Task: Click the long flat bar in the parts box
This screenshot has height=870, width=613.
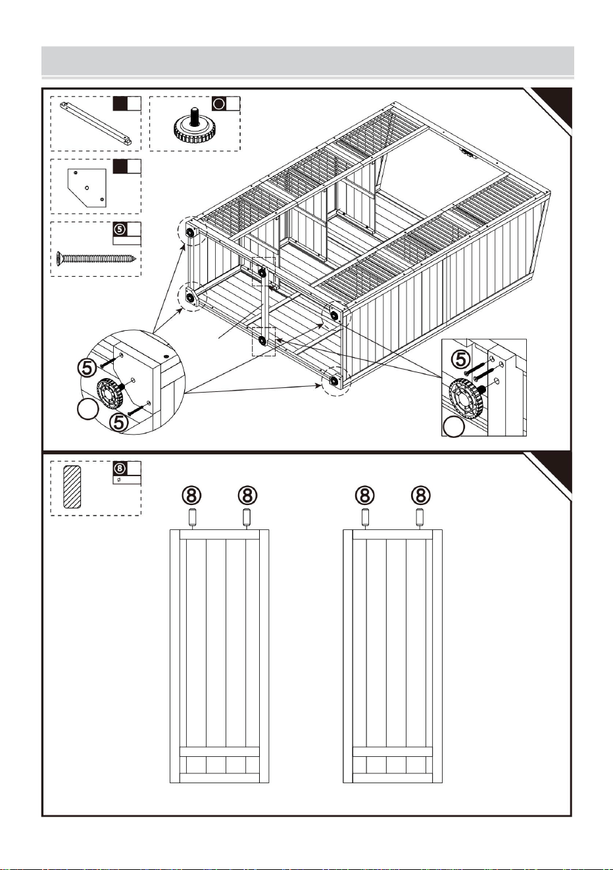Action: coord(95,123)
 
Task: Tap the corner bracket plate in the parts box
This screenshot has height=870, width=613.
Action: coord(87,187)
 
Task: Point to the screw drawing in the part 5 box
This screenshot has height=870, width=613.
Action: coord(96,256)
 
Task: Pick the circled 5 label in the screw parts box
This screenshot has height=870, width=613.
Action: coord(120,229)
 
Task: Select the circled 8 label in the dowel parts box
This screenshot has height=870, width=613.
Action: coord(120,468)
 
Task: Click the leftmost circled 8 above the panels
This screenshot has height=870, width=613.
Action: coord(192,495)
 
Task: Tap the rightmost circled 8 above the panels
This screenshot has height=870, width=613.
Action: coord(421,495)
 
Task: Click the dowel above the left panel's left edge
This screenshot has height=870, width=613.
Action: coord(192,518)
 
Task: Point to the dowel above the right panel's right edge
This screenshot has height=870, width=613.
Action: coord(420,518)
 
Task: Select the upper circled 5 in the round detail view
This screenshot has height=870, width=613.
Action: coord(89,367)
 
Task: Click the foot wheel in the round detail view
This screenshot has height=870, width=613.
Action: coord(110,393)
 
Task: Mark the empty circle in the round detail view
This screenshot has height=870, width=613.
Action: coord(88,409)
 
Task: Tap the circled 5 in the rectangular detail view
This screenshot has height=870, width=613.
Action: coord(460,359)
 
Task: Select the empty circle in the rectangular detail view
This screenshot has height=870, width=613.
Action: coord(454,426)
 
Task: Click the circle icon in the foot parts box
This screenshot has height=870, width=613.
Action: coord(220,104)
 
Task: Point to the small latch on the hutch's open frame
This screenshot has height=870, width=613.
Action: coord(468,153)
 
